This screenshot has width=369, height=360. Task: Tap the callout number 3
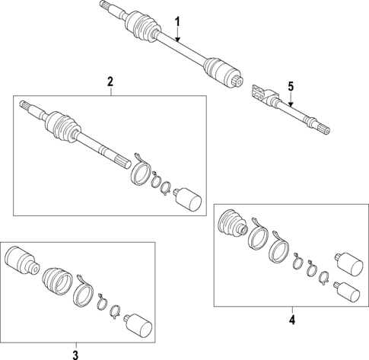(75, 352)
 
